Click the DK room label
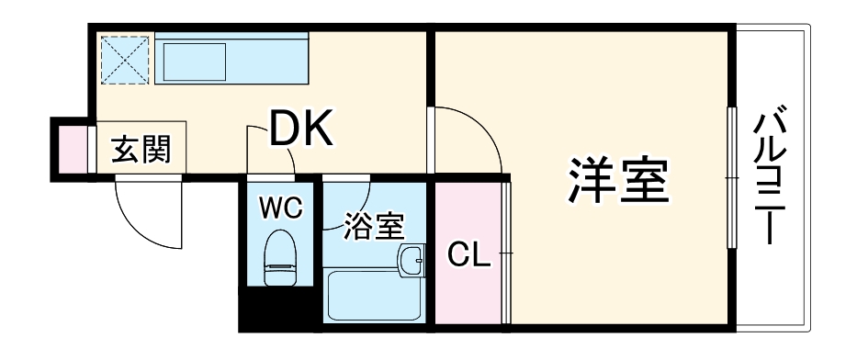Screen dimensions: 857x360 point(300,131)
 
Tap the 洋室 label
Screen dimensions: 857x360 point(616,180)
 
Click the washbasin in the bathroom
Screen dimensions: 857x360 point(412,259)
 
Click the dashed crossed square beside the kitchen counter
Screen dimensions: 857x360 point(123,59)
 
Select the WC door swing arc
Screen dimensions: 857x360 point(271,147)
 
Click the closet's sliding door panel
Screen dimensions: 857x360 point(507,252)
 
